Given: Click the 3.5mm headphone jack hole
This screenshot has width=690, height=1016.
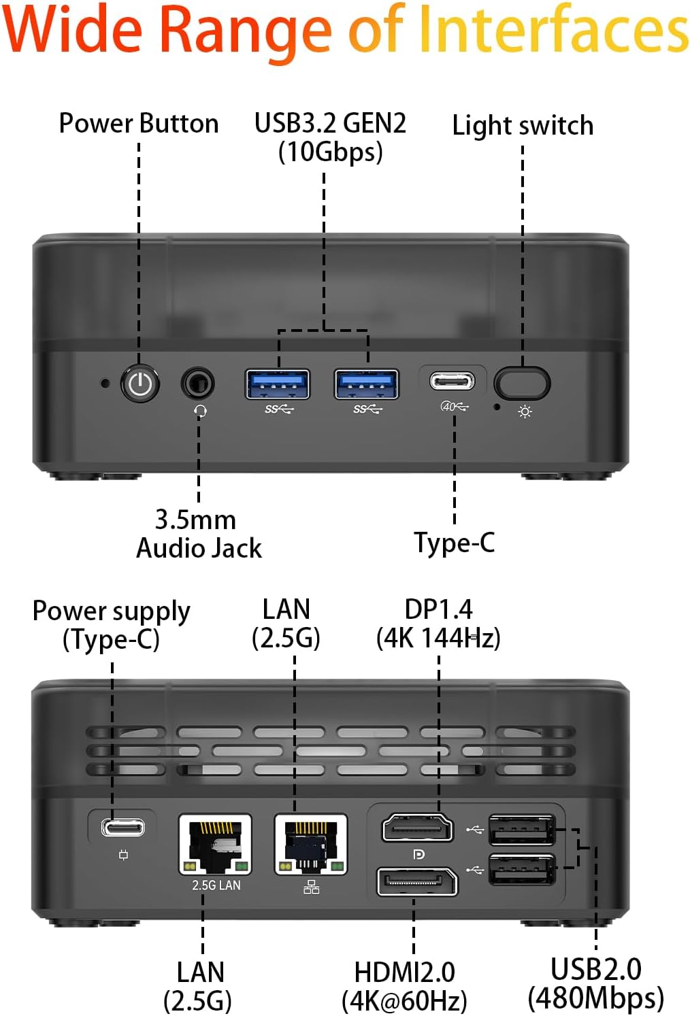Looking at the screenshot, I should pyautogui.click(x=197, y=384).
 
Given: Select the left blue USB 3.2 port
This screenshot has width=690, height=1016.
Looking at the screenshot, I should pyautogui.click(x=278, y=384).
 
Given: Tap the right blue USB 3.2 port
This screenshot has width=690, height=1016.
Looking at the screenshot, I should pyautogui.click(x=366, y=384).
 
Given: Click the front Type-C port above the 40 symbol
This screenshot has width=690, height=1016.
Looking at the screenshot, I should pyautogui.click(x=453, y=381).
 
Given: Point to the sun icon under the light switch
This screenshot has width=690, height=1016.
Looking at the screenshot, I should pyautogui.click(x=525, y=412).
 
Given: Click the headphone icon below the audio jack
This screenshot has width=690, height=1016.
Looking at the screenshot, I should pyautogui.click(x=200, y=411).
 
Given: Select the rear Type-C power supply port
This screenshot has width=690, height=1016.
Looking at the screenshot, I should pyautogui.click(x=122, y=828).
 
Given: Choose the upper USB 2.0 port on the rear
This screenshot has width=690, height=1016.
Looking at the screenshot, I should pyautogui.click(x=522, y=830).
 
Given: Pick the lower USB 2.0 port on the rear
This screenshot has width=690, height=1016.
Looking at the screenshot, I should pyautogui.click(x=522, y=870).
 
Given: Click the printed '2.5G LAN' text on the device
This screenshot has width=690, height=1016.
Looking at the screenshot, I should pyautogui.click(x=216, y=885).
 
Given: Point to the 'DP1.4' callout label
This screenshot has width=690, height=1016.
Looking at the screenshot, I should pyautogui.click(x=438, y=610).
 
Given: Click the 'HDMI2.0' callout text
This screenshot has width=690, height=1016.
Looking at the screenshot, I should pyautogui.click(x=404, y=972).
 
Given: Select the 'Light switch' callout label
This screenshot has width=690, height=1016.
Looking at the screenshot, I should pyautogui.click(x=523, y=126).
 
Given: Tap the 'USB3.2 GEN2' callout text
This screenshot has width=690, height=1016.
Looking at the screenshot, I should pyautogui.click(x=330, y=124).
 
